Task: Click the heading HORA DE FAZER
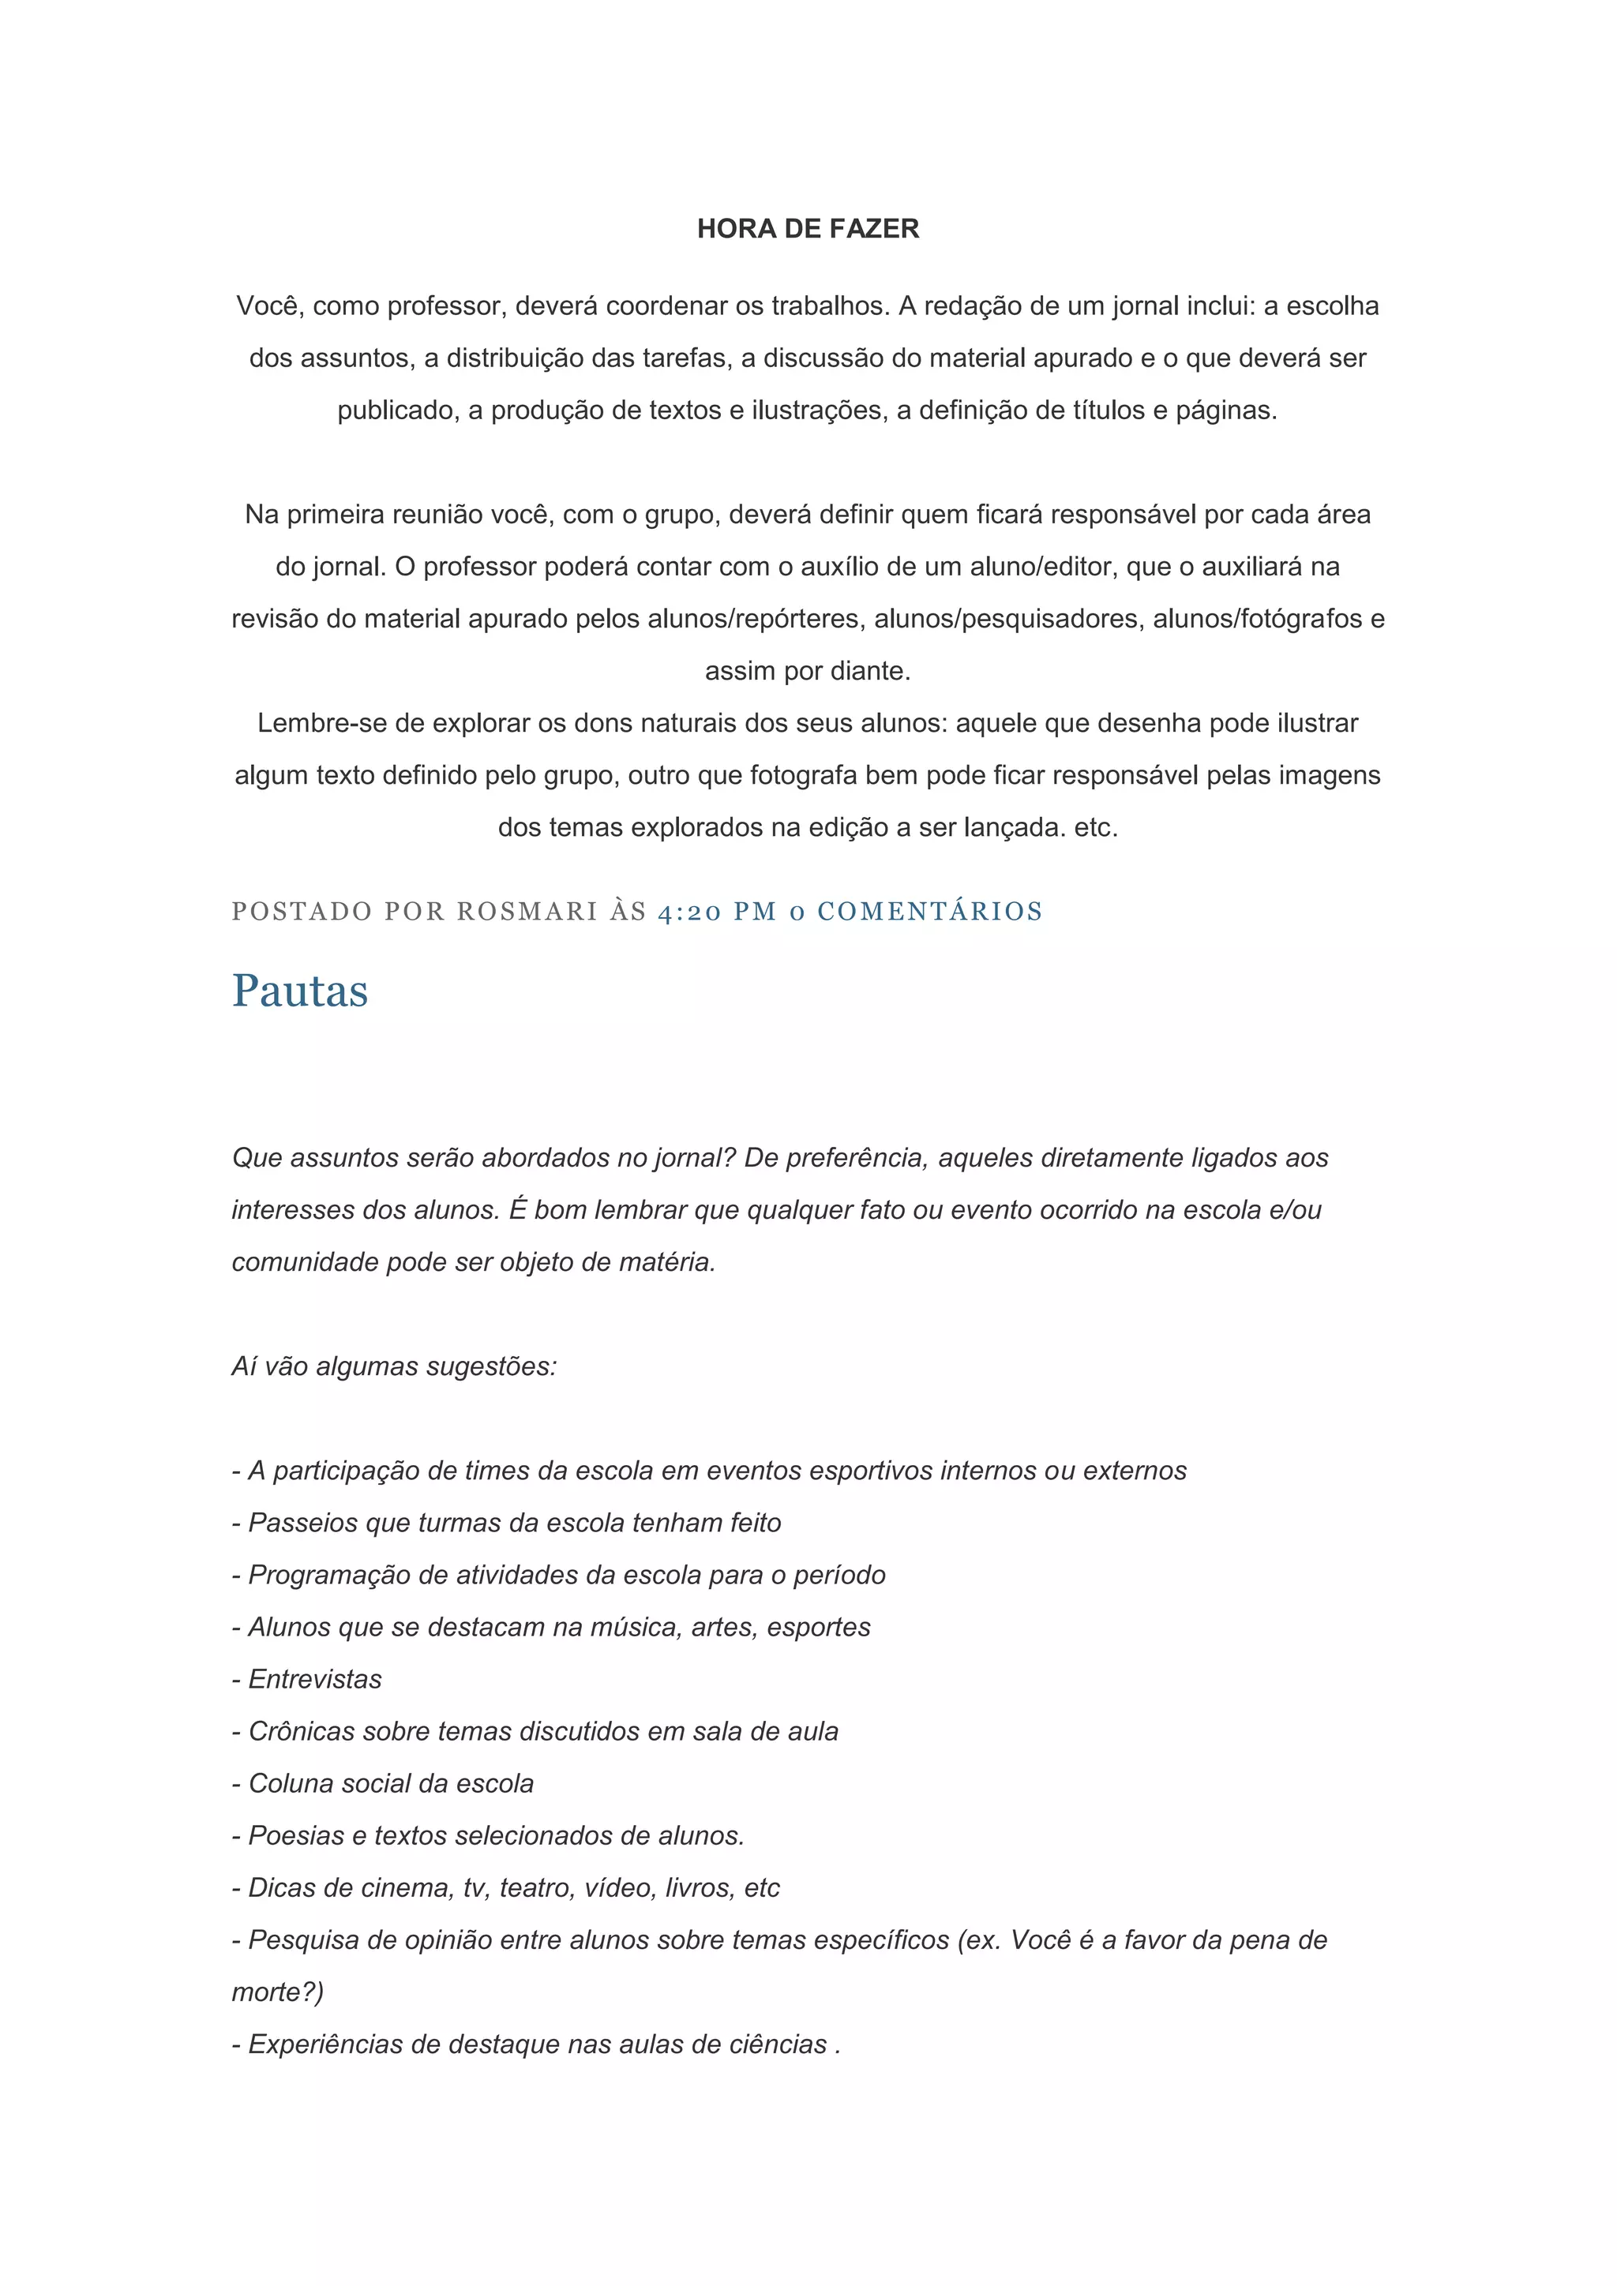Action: tap(808, 229)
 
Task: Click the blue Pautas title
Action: tap(300, 991)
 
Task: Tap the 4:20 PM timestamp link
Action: tap(717, 911)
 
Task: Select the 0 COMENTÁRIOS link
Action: tap(916, 911)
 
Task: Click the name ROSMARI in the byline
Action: tap(527, 911)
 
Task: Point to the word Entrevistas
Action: tap(315, 1680)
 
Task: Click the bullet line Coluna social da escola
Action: tap(384, 1783)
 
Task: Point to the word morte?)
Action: tap(278, 1992)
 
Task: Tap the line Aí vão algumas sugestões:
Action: tap(394, 1366)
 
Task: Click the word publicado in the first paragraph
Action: tap(396, 410)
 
